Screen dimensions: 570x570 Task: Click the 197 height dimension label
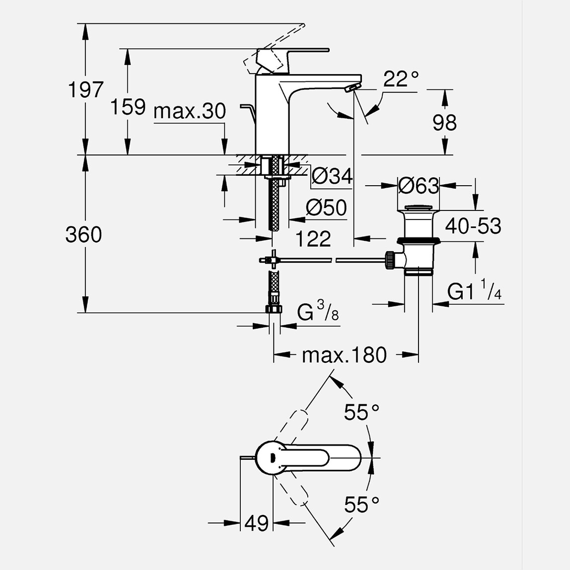pyautogui.click(x=85, y=90)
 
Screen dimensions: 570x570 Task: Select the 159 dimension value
pyautogui.click(x=128, y=107)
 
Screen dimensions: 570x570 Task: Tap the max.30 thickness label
pyautogui.click(x=190, y=111)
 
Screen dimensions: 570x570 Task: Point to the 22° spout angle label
pyautogui.click(x=401, y=79)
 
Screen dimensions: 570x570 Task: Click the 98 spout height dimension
pyautogui.click(x=444, y=123)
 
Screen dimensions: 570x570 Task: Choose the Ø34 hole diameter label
pyautogui.click(x=332, y=176)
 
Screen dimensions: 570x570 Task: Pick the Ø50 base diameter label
pyautogui.click(x=326, y=208)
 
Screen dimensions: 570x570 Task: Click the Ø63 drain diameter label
pyautogui.click(x=419, y=186)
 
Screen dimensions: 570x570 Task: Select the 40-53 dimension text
pyautogui.click(x=473, y=226)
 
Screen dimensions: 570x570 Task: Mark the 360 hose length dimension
pyautogui.click(x=83, y=235)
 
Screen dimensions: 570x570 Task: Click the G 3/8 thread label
pyautogui.click(x=318, y=313)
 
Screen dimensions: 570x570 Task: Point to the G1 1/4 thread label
pyautogui.click(x=474, y=291)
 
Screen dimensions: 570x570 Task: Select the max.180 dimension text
pyautogui.click(x=344, y=356)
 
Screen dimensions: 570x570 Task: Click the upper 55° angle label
pyautogui.click(x=362, y=413)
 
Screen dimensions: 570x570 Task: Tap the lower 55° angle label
pyautogui.click(x=362, y=505)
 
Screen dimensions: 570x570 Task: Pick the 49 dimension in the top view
pyautogui.click(x=257, y=523)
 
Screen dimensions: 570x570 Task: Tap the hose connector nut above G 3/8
pyautogui.click(x=274, y=309)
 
